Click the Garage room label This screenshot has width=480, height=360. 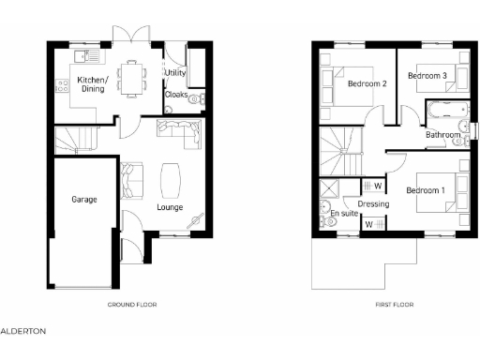click(x=84, y=199)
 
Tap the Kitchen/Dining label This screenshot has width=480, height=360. click(x=93, y=85)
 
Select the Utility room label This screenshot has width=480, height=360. click(x=175, y=72)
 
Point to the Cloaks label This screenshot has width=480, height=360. click(x=176, y=95)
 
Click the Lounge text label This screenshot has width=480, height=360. click(x=170, y=207)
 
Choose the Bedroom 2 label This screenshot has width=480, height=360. click(x=367, y=83)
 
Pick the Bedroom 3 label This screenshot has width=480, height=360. click(x=426, y=75)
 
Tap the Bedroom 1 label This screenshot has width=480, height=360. click(x=425, y=190)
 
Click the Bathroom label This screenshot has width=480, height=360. click(x=443, y=135)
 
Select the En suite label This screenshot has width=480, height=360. click(x=344, y=214)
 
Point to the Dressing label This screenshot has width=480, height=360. click(x=373, y=203)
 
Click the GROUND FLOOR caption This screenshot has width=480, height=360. click(x=132, y=305)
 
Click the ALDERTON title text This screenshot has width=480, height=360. click(x=22, y=331)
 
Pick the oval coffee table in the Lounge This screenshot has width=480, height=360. click(x=172, y=176)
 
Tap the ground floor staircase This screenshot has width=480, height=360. click(x=76, y=141)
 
